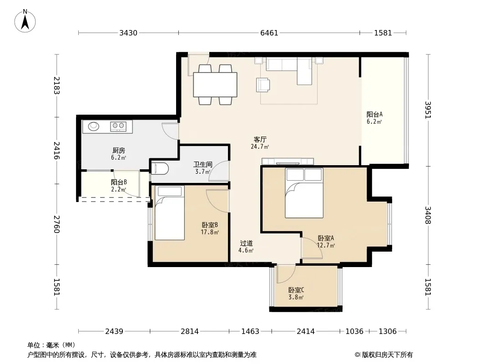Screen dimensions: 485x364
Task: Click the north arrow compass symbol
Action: [x=25, y=21]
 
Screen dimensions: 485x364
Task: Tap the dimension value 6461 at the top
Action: [x=269, y=33]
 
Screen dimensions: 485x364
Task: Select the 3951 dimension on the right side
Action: [x=428, y=110]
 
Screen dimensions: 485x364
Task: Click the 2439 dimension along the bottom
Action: [x=114, y=332]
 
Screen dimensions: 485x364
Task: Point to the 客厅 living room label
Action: [x=260, y=140]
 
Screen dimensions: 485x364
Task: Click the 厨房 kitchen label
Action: [x=118, y=151]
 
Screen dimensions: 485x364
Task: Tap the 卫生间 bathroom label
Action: [x=202, y=165]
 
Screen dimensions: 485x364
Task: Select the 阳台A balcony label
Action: [x=374, y=114]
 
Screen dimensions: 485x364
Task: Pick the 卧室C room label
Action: [x=296, y=290]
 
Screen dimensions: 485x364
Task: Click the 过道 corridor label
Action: [x=246, y=243]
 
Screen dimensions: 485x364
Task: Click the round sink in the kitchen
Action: [x=93, y=126]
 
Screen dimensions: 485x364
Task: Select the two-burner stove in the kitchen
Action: [x=118, y=126]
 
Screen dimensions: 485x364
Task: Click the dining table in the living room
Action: [x=215, y=85]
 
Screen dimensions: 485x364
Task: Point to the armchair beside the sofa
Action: [x=263, y=85]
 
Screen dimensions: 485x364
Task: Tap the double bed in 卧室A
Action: [x=304, y=193]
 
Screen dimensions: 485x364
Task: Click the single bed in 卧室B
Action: [x=170, y=213]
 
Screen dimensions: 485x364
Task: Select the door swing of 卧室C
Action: [x=284, y=274]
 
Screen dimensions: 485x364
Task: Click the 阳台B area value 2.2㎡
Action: [x=119, y=189]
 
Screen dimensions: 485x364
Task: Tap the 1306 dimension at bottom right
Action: [x=388, y=332]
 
